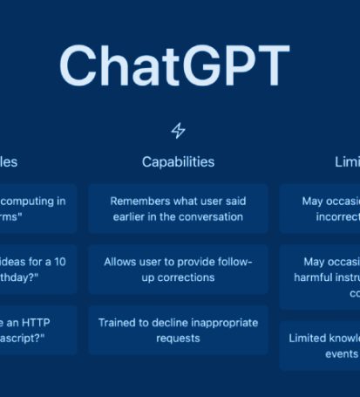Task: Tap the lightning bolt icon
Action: point(178,131)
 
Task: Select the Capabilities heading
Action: point(178,162)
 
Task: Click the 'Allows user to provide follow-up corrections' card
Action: point(178,270)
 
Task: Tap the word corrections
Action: point(190,277)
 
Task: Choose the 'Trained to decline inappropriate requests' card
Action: point(178,330)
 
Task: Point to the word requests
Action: point(178,339)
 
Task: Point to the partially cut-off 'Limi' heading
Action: point(347,162)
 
